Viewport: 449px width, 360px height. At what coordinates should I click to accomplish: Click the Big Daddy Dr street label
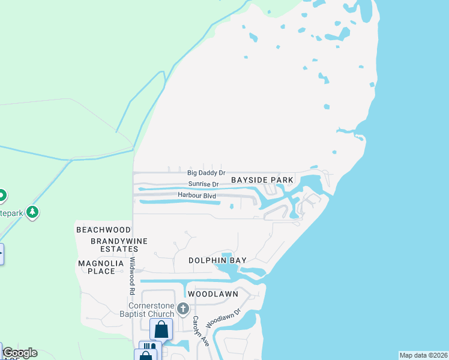(205, 173)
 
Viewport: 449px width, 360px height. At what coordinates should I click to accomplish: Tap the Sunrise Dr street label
(203, 184)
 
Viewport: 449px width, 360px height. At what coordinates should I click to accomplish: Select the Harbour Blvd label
(196, 195)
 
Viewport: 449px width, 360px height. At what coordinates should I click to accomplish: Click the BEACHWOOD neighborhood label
(103, 230)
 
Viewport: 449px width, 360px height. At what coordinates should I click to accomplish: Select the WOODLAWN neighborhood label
(213, 295)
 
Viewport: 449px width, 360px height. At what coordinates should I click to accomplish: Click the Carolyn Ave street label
(196, 330)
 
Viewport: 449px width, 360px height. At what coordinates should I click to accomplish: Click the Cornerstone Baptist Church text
(159, 310)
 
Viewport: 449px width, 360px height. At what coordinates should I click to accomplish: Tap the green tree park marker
(32, 212)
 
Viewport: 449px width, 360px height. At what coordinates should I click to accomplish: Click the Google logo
(19, 353)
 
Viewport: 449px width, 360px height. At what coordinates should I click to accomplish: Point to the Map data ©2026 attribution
(423, 355)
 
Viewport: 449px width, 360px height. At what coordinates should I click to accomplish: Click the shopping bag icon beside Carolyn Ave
(161, 329)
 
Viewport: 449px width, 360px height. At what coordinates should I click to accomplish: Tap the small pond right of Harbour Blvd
(232, 207)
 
